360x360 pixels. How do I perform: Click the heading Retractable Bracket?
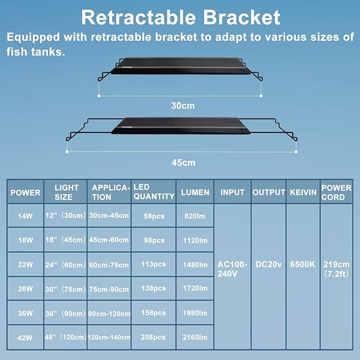pyautogui.click(x=180, y=17)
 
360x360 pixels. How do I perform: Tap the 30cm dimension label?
pyautogui.click(x=182, y=106)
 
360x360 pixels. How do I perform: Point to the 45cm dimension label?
pyautogui.click(x=183, y=162)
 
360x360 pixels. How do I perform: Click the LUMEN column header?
pyautogui.click(x=195, y=192)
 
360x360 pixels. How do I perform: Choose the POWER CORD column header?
pyautogui.click(x=336, y=192)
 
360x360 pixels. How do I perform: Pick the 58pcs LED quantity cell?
pyautogui.click(x=153, y=216)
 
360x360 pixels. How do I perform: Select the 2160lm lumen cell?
pyautogui.click(x=195, y=337)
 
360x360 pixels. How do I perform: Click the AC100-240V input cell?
pyautogui.click(x=232, y=269)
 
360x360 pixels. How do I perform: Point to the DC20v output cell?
pyautogui.click(x=268, y=264)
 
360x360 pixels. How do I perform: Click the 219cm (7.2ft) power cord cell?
pyautogui.click(x=336, y=269)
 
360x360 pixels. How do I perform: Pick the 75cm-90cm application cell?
pyautogui.click(x=109, y=289)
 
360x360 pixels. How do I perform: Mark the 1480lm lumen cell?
pyautogui.click(x=195, y=265)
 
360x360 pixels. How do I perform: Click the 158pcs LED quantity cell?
pyautogui.click(x=153, y=313)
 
